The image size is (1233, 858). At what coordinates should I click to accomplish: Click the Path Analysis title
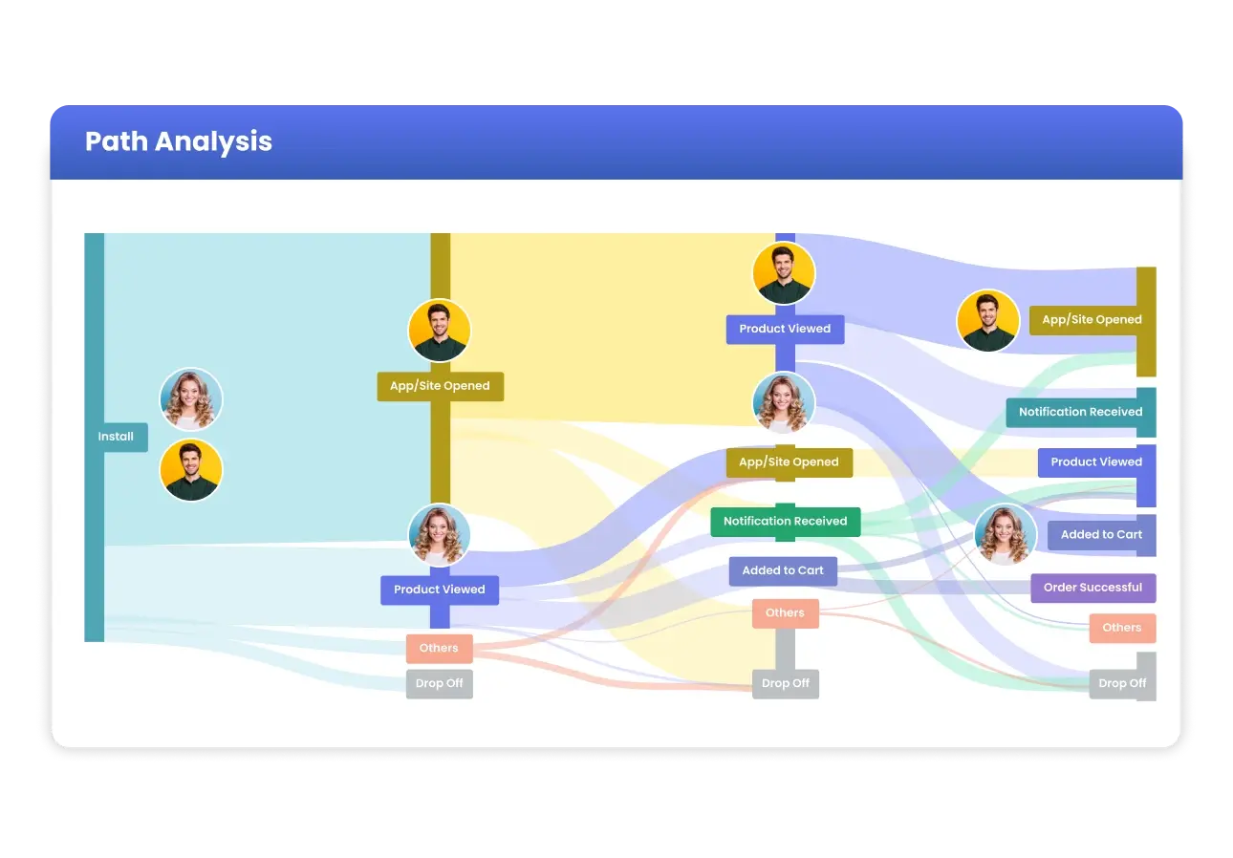click(x=179, y=141)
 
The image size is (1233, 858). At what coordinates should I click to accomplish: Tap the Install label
click(x=116, y=437)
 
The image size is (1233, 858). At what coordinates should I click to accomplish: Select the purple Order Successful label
click(x=1092, y=588)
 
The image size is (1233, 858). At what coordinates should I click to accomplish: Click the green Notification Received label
click(x=785, y=521)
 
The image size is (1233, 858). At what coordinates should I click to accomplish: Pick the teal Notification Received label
click(x=1080, y=412)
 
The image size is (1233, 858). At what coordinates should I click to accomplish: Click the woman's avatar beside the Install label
click(x=191, y=399)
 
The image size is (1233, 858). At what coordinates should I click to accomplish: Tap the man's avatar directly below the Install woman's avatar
click(x=191, y=469)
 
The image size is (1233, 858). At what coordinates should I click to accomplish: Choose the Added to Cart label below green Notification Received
click(x=783, y=570)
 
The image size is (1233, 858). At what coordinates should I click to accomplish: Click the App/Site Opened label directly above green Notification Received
click(x=789, y=462)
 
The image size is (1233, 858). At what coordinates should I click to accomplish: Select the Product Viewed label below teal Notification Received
click(x=1096, y=462)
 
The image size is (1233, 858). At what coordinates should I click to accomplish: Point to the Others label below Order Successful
click(x=1122, y=628)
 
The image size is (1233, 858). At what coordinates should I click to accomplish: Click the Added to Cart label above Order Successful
click(x=1101, y=535)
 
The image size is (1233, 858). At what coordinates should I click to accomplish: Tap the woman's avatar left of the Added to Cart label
click(x=1006, y=534)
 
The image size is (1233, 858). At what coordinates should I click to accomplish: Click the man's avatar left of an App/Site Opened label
click(x=988, y=320)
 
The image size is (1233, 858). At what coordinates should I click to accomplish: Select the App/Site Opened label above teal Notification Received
click(x=1092, y=320)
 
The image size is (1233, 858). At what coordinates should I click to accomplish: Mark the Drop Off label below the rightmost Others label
click(x=1122, y=683)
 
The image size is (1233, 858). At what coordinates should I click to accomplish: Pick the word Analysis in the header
click(x=213, y=141)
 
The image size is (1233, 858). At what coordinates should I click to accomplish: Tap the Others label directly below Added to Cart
click(x=785, y=613)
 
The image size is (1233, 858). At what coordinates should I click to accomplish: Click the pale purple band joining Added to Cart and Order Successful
click(x=934, y=587)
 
